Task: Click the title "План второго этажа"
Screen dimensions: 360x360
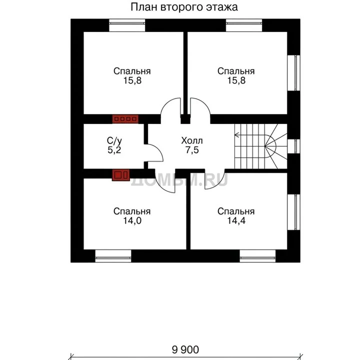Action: [184, 7]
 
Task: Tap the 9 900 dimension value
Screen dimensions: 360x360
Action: [185, 349]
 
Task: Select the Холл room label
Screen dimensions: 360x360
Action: [192, 140]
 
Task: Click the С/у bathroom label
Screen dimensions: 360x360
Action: [114, 140]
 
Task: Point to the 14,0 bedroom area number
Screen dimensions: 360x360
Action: [132, 220]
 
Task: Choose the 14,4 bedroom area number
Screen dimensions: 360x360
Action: [236, 220]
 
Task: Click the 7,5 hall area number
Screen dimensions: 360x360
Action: [192, 150]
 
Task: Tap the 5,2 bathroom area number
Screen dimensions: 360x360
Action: [114, 150]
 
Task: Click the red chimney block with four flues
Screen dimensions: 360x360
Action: [125, 119]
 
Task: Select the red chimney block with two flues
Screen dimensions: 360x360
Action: [121, 175]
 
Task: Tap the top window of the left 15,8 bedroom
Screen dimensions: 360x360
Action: [127, 25]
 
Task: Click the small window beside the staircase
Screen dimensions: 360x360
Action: [294, 146]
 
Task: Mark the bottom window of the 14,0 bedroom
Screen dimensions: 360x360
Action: [113, 256]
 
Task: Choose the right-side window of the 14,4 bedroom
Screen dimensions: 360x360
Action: [294, 212]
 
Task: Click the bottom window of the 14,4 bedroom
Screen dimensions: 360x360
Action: [257, 256]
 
